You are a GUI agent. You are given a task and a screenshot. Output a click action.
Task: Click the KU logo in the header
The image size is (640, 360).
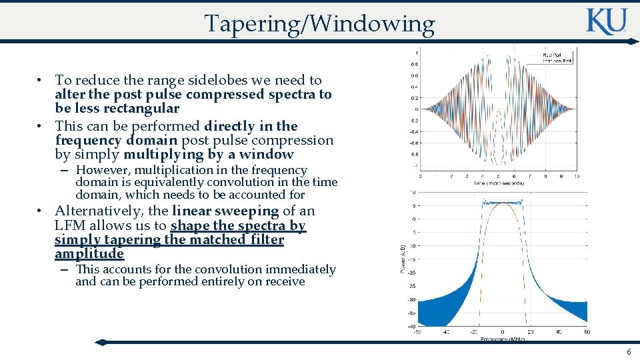point(606,21)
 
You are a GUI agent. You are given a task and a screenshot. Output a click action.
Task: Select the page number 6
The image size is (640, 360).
point(628,351)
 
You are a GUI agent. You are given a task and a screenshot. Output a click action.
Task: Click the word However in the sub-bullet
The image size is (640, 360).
point(99,171)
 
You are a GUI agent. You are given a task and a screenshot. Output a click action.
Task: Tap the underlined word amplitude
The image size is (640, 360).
point(89,254)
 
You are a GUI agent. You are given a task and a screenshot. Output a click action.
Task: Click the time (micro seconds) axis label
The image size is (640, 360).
point(499,183)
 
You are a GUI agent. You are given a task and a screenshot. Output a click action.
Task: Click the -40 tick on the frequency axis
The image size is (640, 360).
point(445,332)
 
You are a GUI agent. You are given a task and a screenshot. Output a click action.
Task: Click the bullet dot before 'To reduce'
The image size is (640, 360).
point(41,81)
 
